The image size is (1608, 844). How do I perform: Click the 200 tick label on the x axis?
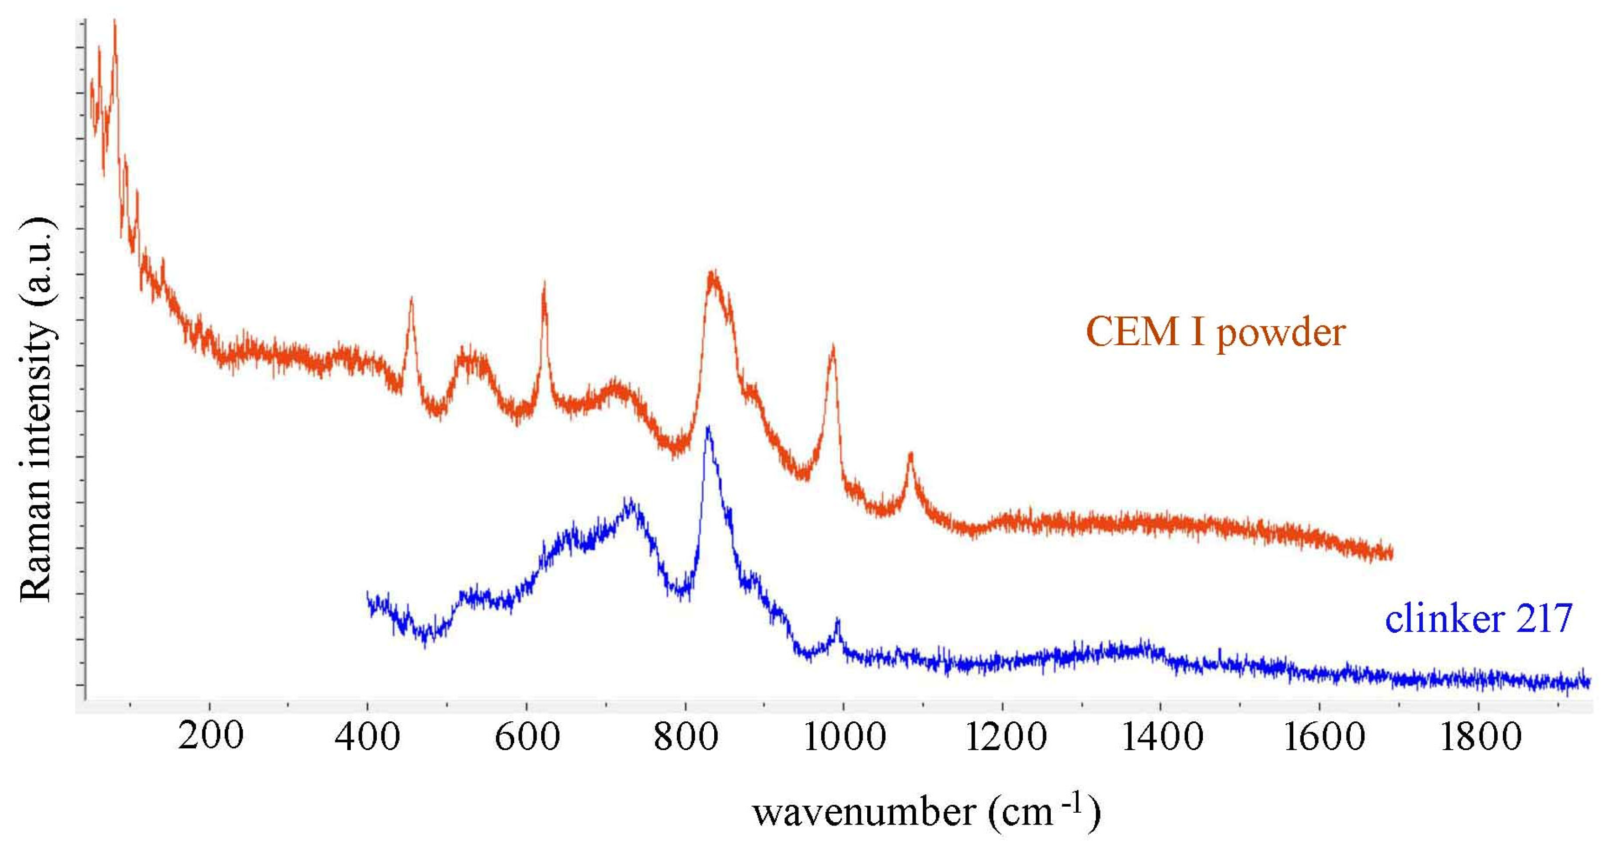click(210, 737)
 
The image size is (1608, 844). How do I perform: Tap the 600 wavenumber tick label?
click(527, 737)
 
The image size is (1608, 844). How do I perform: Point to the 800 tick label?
click(685, 737)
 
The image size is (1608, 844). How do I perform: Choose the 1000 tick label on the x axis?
click(844, 737)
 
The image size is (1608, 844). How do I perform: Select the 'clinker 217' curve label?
click(1478, 619)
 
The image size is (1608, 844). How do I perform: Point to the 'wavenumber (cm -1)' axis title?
click(926, 812)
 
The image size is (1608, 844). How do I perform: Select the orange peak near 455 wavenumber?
click(411, 299)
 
